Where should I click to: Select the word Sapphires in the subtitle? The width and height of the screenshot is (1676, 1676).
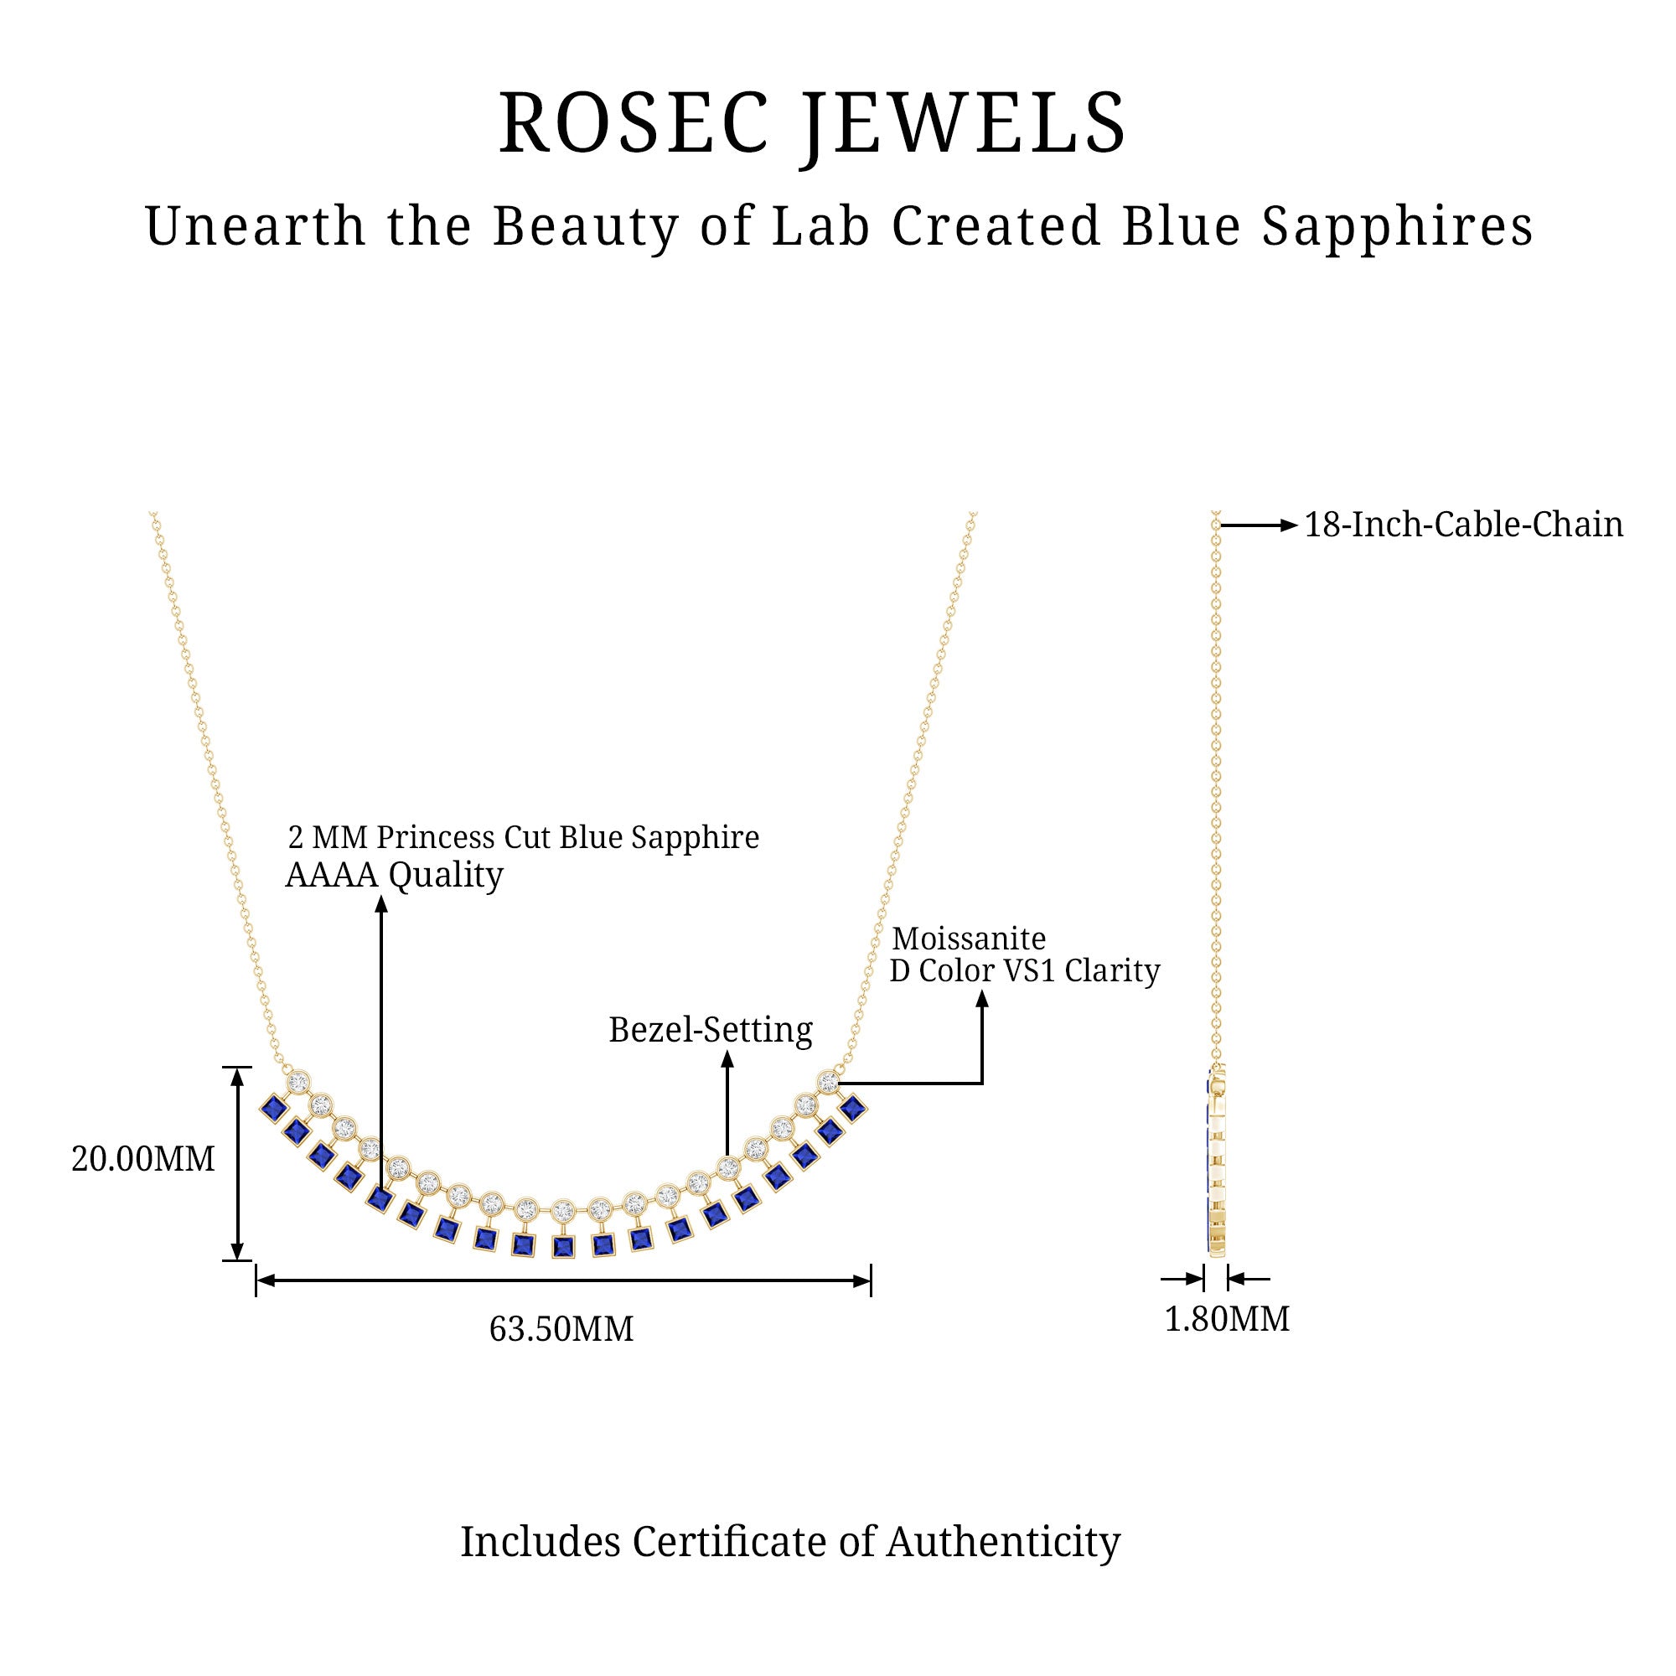(x=1398, y=226)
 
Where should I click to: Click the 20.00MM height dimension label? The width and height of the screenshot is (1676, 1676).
(x=143, y=1159)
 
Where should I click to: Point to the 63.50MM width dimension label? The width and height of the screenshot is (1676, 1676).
(x=561, y=1328)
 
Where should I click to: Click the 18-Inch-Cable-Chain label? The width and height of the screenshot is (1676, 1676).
(x=1463, y=525)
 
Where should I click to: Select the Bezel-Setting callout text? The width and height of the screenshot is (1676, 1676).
(x=711, y=1030)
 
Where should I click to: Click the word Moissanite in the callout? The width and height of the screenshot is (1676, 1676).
(x=969, y=939)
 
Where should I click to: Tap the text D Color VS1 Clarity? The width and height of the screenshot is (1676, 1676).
(x=1025, y=970)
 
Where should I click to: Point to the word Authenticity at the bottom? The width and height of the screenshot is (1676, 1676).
(x=1003, y=1542)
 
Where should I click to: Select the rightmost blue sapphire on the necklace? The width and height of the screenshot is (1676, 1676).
(x=854, y=1107)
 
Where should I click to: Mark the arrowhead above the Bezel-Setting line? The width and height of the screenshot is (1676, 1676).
(x=728, y=1058)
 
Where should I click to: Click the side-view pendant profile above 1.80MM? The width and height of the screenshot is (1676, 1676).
(x=1216, y=1162)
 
